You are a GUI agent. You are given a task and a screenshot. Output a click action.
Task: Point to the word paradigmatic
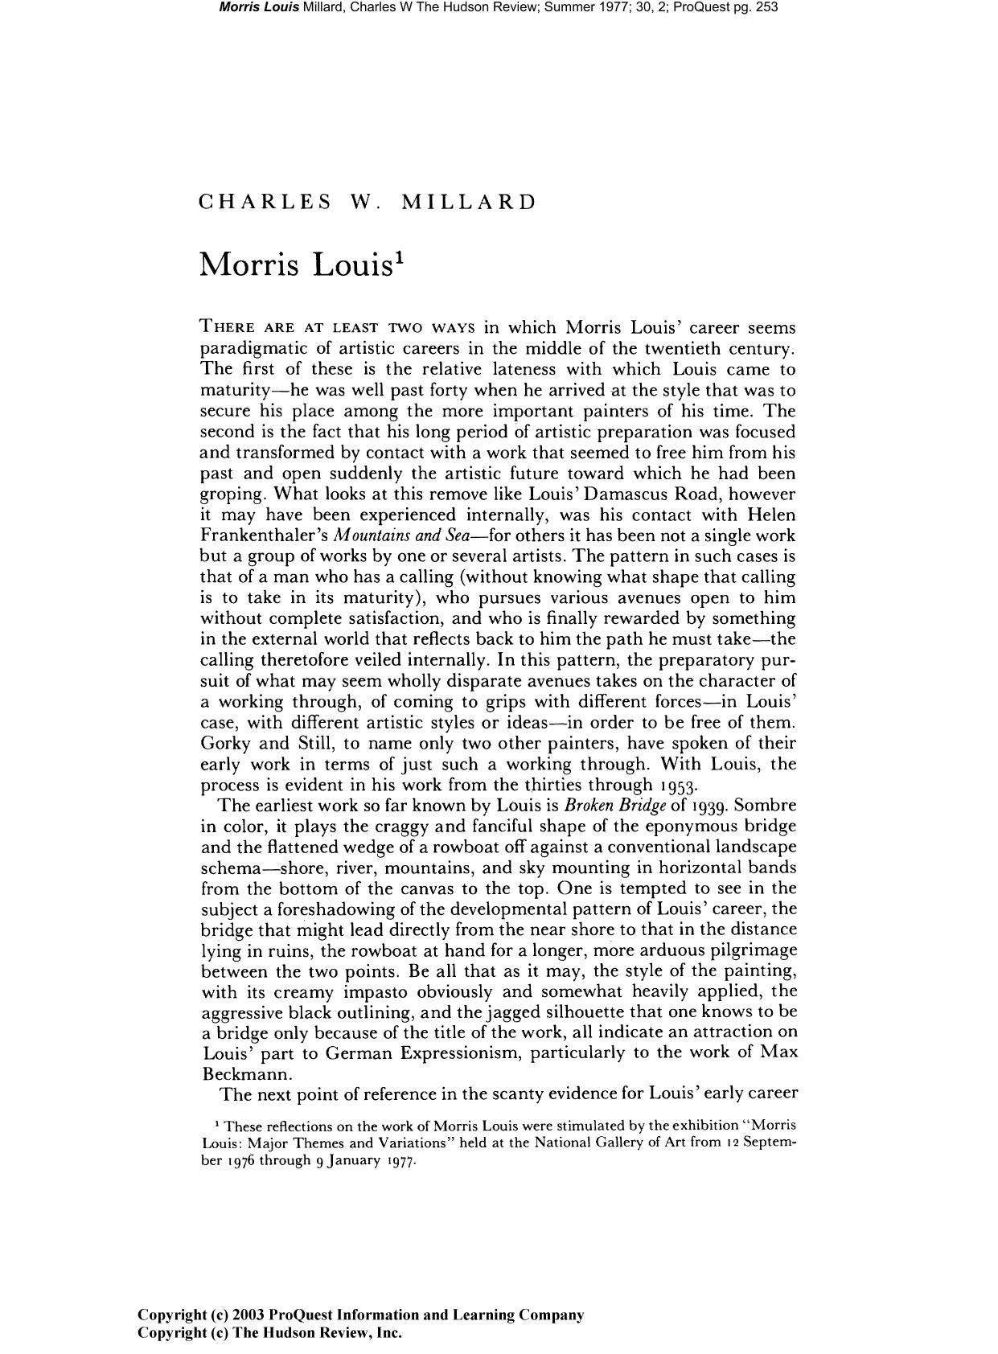tap(256, 349)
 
